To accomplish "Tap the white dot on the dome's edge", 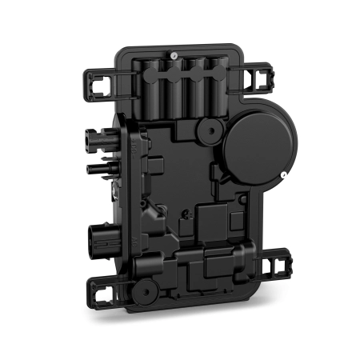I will pos(285,174).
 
